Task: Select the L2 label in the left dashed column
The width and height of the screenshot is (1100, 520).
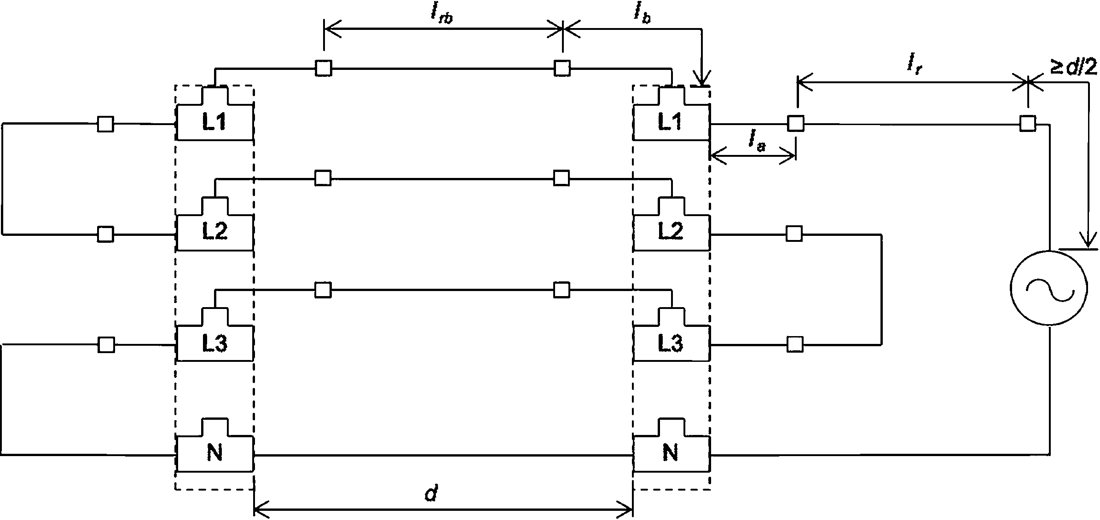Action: [x=215, y=232]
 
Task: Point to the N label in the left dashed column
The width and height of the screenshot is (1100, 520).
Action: [x=215, y=454]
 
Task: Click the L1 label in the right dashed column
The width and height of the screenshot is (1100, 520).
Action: [x=670, y=122]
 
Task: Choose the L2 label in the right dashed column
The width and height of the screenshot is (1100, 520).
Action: [x=670, y=232]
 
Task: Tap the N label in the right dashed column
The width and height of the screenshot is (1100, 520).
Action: [x=670, y=454]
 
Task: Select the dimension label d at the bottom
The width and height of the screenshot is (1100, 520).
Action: [x=431, y=494]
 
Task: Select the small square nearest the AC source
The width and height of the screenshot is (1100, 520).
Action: [x=1028, y=124]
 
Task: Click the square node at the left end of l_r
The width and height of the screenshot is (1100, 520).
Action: [x=796, y=124]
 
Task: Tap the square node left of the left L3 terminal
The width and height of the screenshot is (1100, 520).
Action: [x=106, y=344]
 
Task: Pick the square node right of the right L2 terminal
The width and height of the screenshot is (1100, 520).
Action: [x=794, y=234]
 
